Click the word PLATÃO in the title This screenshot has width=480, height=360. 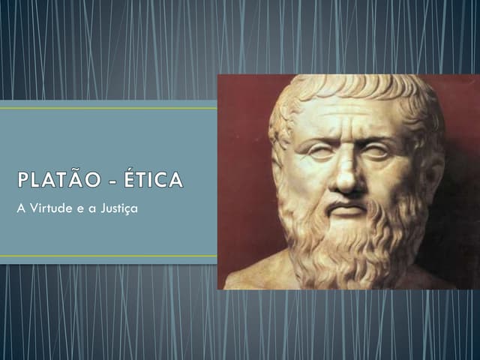61,182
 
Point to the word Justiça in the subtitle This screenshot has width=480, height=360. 119,207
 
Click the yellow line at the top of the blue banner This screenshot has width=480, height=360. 108,108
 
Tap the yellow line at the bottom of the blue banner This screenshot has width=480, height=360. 108,256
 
